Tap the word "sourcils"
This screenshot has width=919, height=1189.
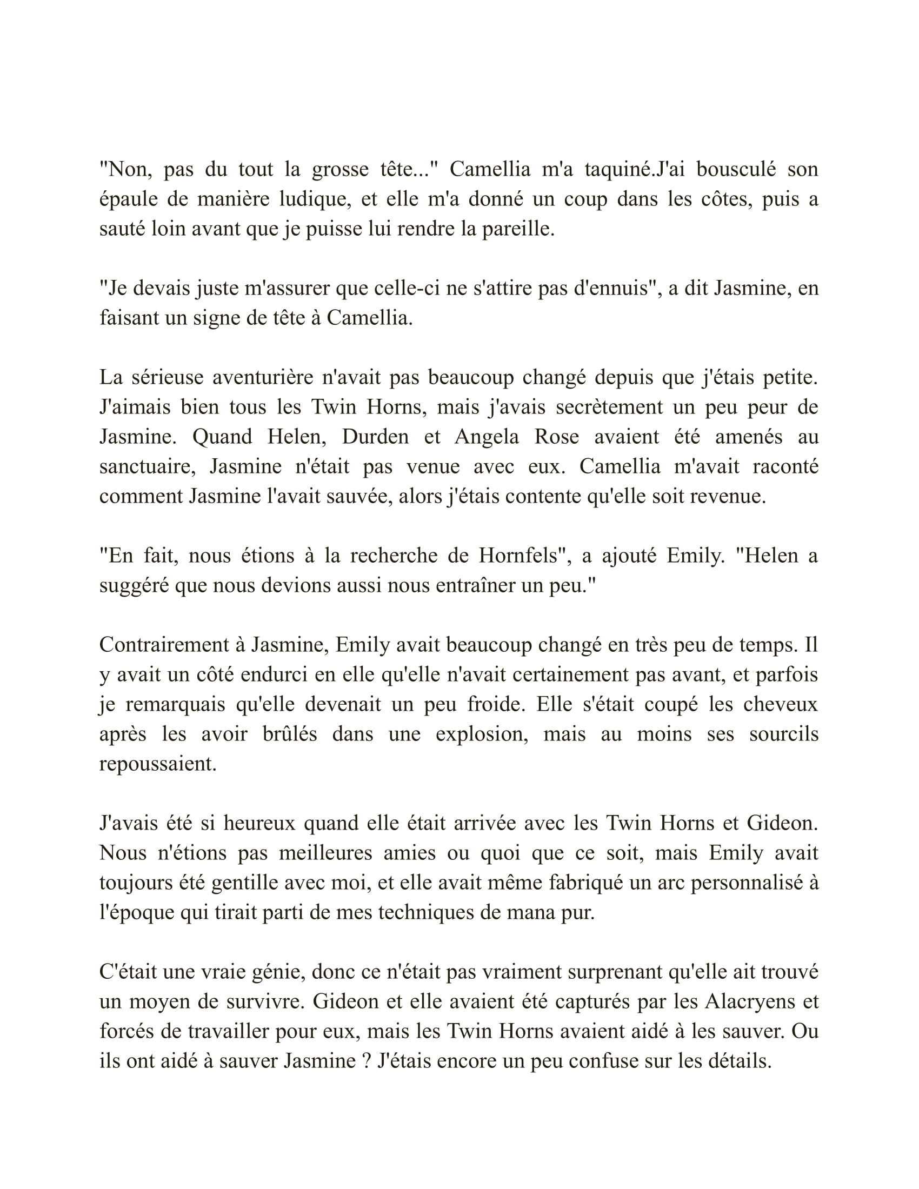pyautogui.click(x=783, y=734)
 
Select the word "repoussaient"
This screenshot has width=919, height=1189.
pyautogui.click(x=158, y=764)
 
